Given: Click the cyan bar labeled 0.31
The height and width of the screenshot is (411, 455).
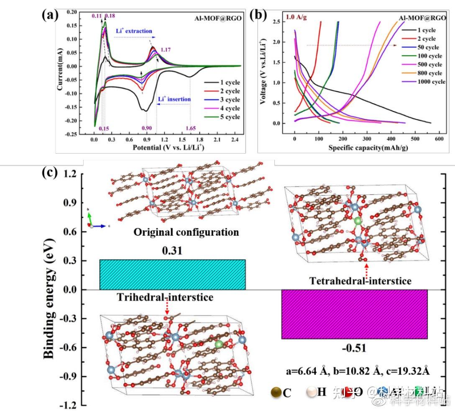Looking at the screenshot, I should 172,274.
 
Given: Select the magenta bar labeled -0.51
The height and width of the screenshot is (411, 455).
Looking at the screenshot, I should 354,314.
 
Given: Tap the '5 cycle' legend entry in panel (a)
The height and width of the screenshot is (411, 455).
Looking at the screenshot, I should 226,117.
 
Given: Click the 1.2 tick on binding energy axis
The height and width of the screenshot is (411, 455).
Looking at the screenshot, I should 72,173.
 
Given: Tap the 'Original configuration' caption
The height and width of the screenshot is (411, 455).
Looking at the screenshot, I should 186,232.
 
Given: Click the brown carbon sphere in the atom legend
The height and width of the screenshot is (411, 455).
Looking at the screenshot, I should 276,392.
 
